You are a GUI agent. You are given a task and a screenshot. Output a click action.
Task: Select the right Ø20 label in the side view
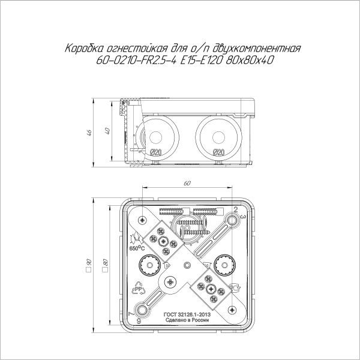coord(218,152)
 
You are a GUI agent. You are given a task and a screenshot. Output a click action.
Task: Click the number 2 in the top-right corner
coord(236,209)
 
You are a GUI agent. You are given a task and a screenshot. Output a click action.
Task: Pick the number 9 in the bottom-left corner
coord(139,322)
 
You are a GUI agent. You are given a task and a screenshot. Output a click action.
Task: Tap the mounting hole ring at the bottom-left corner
coord(143,310)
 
